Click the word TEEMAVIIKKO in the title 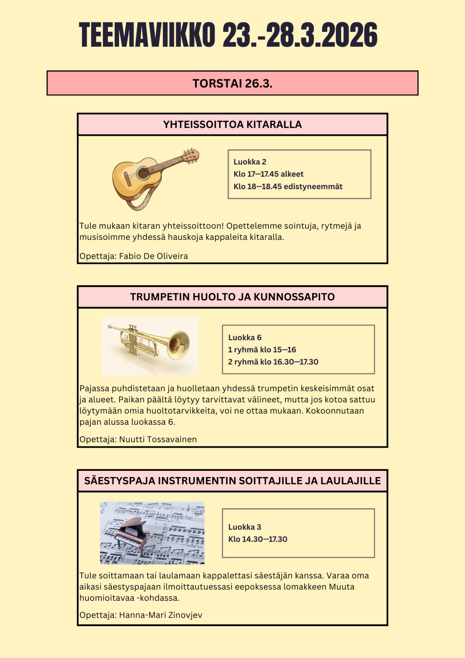[x=147, y=35]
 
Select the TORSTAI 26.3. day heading [x=232, y=83]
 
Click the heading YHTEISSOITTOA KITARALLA [x=232, y=124]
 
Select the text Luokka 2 [x=250, y=162]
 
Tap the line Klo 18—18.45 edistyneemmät [x=288, y=186]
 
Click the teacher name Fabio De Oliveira [x=153, y=256]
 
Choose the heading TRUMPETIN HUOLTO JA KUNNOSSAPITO [x=232, y=297]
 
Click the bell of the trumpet [x=179, y=345]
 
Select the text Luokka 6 [x=245, y=338]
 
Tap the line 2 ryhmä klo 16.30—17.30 [x=273, y=362]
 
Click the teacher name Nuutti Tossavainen [x=158, y=439]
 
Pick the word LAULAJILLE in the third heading [x=350, y=481]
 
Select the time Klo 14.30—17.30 [x=258, y=539]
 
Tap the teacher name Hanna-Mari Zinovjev [x=160, y=615]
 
